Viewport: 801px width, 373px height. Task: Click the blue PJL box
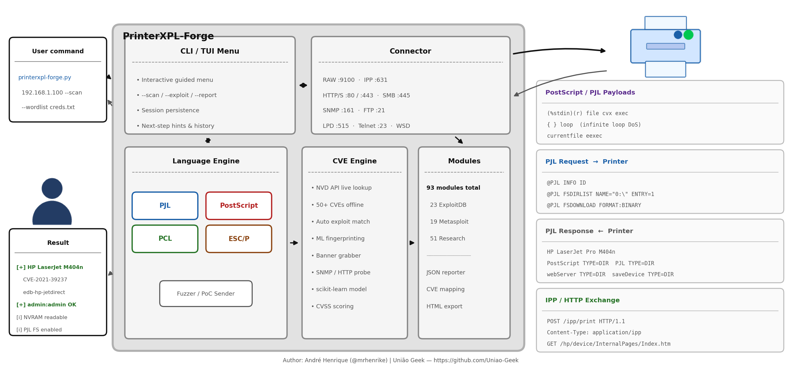(x=165, y=206)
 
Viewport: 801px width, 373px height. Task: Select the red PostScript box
(x=239, y=206)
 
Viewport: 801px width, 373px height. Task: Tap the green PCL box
(x=165, y=239)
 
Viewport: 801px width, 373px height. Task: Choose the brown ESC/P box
(x=239, y=239)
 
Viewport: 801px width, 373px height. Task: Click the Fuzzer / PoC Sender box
(x=206, y=293)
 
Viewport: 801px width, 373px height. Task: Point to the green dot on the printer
(x=688, y=35)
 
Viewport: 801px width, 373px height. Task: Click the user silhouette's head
(x=52, y=188)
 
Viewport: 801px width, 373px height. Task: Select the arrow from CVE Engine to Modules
(x=412, y=243)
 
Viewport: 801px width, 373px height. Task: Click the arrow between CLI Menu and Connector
(x=303, y=85)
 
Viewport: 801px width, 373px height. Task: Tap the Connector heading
(x=410, y=51)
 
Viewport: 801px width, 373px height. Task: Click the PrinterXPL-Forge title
(x=168, y=36)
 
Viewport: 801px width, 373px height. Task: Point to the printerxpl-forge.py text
(x=45, y=77)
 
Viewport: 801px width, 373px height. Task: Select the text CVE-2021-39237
(x=45, y=279)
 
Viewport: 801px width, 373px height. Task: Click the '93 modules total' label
(x=453, y=188)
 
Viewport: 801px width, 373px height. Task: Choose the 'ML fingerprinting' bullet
(x=338, y=239)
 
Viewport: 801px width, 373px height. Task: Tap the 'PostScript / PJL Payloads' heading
(x=590, y=92)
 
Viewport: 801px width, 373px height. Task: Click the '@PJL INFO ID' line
(x=566, y=183)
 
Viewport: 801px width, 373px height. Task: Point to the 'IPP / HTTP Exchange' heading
(x=582, y=300)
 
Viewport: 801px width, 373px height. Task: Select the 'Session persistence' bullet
(x=168, y=110)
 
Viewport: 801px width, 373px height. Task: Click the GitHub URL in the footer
(x=476, y=360)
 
